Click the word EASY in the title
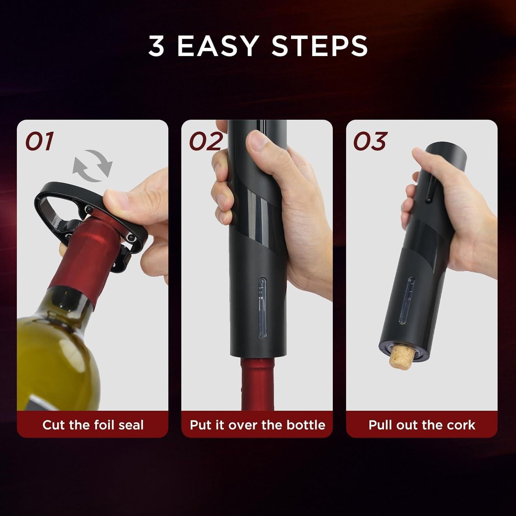[x=217, y=46]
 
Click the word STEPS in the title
[x=320, y=46]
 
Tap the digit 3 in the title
[x=157, y=46]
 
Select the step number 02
[x=205, y=141]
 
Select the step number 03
[x=370, y=141]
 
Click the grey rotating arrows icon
[x=92, y=166]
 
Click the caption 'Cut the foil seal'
[x=93, y=425]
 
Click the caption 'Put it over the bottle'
[x=257, y=425]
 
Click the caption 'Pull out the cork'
[x=422, y=425]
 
